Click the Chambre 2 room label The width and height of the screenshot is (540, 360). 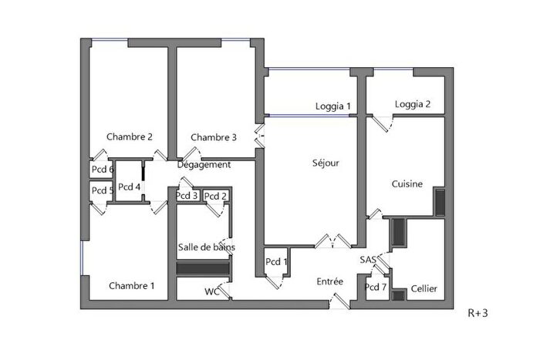click(x=129, y=137)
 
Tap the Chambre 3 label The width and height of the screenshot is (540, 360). click(x=214, y=138)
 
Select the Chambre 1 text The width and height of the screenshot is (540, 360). click(x=132, y=286)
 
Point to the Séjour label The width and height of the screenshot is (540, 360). click(x=326, y=163)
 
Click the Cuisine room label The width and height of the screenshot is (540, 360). click(x=407, y=184)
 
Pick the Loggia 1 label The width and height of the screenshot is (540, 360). click(x=333, y=106)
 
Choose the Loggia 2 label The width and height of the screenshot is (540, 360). click(x=413, y=105)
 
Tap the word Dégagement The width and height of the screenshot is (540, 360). click(x=204, y=165)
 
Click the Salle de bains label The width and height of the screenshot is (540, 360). click(x=207, y=247)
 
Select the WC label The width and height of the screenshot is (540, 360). click(x=211, y=291)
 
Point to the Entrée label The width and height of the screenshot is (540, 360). click(x=330, y=282)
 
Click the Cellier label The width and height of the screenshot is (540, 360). click(x=424, y=289)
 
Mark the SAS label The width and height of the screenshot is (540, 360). click(x=367, y=261)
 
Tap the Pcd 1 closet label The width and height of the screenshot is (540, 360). click(x=277, y=262)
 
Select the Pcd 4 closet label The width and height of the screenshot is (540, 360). click(x=129, y=187)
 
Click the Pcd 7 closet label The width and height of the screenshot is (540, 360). click(x=376, y=288)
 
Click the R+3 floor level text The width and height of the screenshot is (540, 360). click(x=478, y=314)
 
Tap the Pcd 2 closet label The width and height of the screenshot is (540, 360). click(x=215, y=196)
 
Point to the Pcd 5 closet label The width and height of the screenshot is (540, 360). click(x=103, y=190)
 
